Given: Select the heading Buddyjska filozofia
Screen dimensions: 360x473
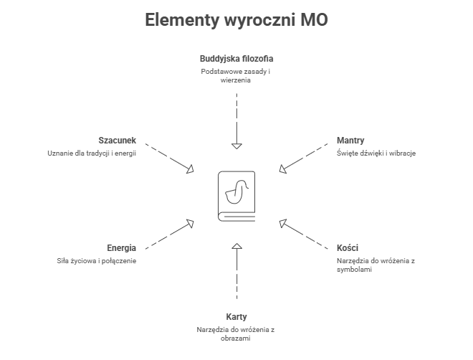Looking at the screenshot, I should pos(236,58).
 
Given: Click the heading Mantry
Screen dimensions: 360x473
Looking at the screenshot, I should pos(351,141).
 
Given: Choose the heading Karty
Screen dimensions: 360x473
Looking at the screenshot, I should pos(236,316).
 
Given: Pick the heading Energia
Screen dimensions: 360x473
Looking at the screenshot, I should pos(121,248).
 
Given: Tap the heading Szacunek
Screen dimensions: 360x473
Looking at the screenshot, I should pos(117,141).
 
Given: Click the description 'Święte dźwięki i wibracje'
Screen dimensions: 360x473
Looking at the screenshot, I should pos(376,153).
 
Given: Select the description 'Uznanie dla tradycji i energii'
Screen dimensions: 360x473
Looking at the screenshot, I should pos(91,153).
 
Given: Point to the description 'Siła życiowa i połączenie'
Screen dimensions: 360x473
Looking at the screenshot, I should pos(96,260).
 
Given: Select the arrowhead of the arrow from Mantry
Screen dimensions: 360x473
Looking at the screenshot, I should pos(282,170).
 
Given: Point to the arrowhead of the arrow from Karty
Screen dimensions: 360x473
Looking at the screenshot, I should pos(236,248).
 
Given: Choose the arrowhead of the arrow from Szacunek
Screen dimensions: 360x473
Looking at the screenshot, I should pos(191,170).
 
